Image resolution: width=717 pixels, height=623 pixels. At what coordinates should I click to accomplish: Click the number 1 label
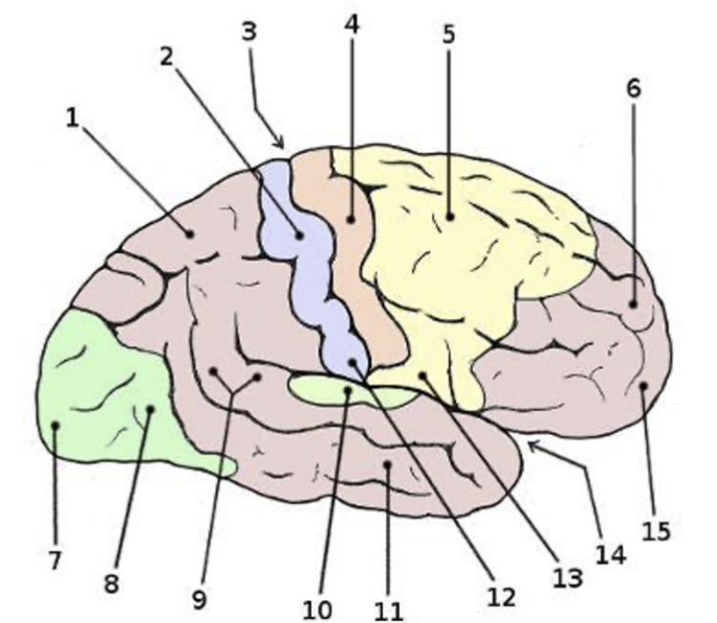point(73,119)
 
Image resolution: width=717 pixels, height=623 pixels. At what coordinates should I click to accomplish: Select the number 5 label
point(449,35)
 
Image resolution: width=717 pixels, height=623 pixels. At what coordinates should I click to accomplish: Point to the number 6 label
point(634,88)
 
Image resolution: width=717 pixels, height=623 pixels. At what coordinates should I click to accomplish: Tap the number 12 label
point(499,597)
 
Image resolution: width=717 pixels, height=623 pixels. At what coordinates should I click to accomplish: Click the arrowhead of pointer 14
point(528,442)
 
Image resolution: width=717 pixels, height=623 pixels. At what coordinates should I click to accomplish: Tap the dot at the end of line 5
point(448,218)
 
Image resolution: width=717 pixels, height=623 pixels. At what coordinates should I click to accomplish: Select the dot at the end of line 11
point(387,464)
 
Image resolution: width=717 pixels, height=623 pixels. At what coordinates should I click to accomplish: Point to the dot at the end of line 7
point(55,426)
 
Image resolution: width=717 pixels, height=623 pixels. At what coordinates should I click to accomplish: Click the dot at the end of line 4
point(352,219)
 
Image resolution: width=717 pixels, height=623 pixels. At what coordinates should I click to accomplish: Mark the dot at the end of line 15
point(643,387)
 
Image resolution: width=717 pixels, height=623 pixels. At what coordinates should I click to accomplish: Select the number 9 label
point(199,599)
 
